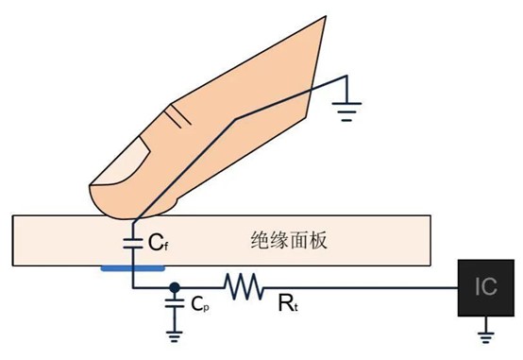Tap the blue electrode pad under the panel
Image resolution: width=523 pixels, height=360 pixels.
tap(128, 267)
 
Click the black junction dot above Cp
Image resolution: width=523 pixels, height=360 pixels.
tap(174, 284)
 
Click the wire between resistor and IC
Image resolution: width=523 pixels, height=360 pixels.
tap(359, 284)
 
